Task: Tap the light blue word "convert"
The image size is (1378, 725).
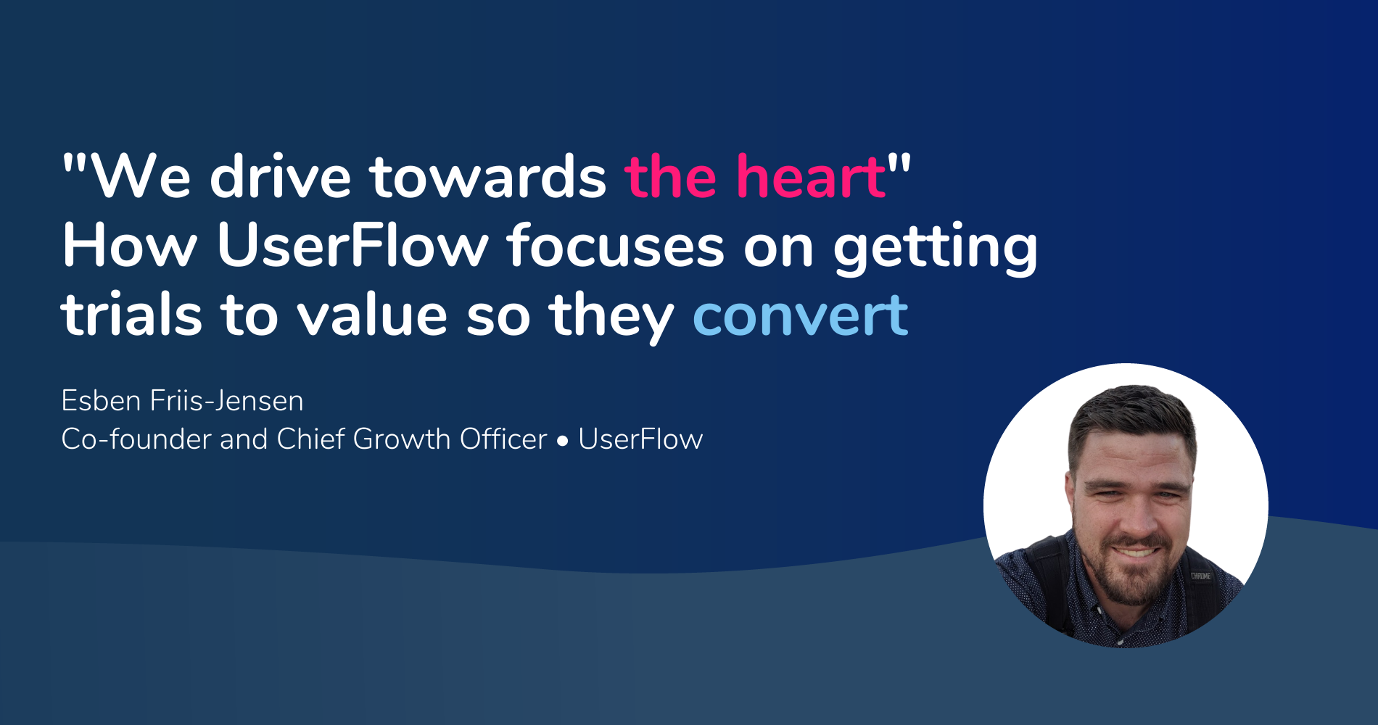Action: (800, 316)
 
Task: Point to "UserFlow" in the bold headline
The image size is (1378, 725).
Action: (352, 246)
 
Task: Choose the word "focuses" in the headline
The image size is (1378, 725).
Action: (616, 246)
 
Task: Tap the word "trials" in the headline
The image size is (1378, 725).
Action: (131, 316)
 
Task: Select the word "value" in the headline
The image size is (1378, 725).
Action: (372, 316)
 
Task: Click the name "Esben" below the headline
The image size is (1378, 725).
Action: (101, 401)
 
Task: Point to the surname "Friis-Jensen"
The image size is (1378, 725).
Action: (227, 401)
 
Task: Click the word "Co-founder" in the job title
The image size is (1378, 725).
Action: (136, 439)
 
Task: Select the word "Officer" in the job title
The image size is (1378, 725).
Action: (503, 439)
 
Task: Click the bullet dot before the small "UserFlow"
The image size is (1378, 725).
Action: (563, 441)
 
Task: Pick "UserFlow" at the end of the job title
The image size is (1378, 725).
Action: (640, 439)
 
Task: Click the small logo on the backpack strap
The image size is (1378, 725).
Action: (1200, 576)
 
